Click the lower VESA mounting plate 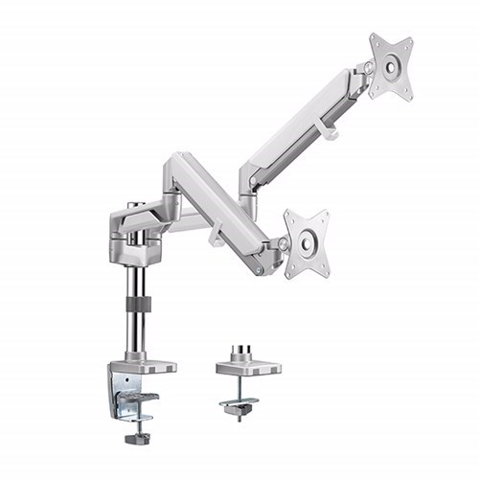(307, 243)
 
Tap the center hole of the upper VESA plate (391, 64)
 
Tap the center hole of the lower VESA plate (307, 243)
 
